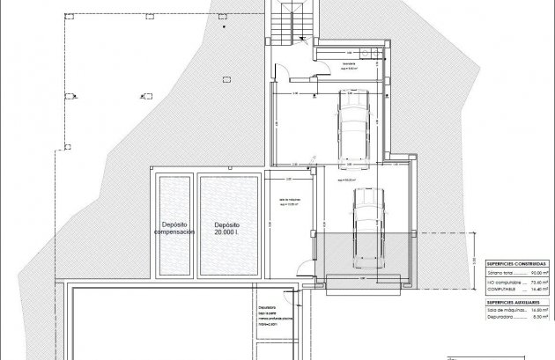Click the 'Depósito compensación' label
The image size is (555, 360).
pyautogui.click(x=174, y=229)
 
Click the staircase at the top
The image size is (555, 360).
pyautogui.click(x=289, y=22)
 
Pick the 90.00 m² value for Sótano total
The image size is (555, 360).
pyautogui.click(x=535, y=275)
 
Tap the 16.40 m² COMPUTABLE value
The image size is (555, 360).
pyautogui.click(x=535, y=290)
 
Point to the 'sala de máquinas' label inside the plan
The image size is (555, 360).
pyautogui.click(x=289, y=200)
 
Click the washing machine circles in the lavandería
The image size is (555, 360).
pyautogui.click(x=376, y=53)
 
